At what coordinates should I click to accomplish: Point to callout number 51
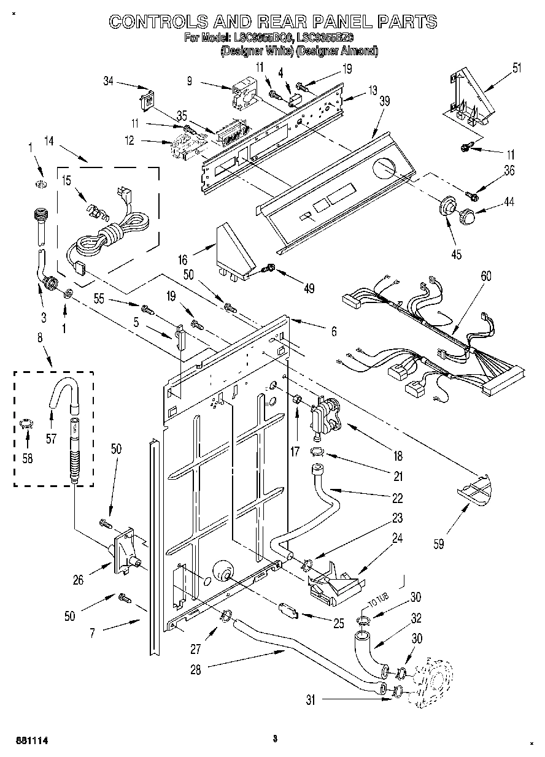pyautogui.click(x=517, y=68)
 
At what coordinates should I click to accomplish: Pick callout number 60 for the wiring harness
pyautogui.click(x=485, y=277)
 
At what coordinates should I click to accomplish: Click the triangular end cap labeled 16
pyautogui.click(x=236, y=252)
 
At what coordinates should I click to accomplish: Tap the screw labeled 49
pyautogui.click(x=268, y=268)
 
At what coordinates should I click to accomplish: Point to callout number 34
pyautogui.click(x=109, y=82)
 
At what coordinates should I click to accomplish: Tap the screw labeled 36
pyautogui.click(x=471, y=196)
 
